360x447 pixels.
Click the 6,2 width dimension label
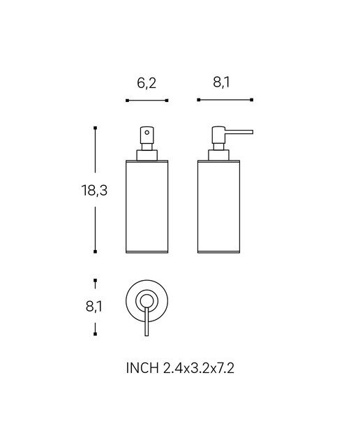147,83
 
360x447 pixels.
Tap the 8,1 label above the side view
221,82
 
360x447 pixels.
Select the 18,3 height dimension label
94,191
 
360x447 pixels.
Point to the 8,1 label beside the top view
93,307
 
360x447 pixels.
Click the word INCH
142,368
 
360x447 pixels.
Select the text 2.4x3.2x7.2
199,368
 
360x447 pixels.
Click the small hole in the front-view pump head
147,132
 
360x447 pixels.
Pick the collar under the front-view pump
147,155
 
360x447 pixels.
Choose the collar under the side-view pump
219,155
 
